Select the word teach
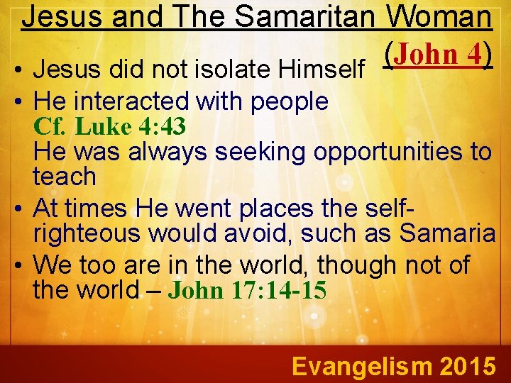click(65, 177)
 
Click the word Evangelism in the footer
click(362, 366)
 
